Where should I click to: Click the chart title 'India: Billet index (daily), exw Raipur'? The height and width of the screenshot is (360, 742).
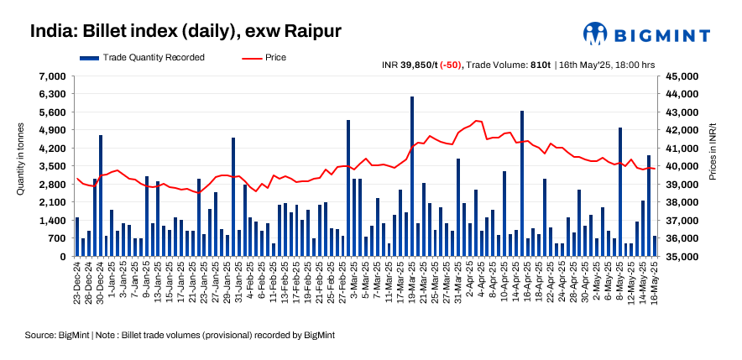[x=185, y=32]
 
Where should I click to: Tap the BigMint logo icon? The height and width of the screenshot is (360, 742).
[x=595, y=34]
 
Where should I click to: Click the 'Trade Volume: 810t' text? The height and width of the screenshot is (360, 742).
[x=508, y=65]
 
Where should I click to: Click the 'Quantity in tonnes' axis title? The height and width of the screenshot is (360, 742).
[x=21, y=166]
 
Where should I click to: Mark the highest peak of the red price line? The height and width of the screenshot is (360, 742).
[x=476, y=121]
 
